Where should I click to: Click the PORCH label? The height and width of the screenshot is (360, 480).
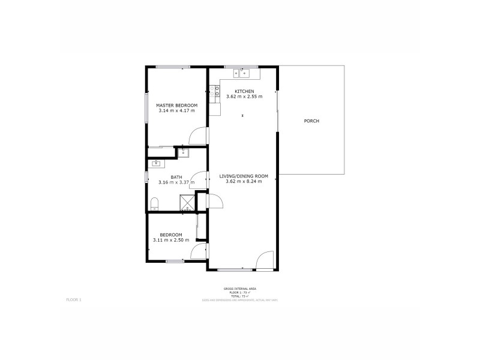[311, 121]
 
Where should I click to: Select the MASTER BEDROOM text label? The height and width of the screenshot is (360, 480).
[177, 105]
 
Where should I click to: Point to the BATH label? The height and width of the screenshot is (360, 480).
[176, 177]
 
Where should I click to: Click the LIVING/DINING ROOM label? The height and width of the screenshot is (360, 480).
[244, 176]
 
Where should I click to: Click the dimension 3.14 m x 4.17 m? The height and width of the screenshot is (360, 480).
[177, 110]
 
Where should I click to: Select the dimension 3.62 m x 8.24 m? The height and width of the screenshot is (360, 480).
[244, 181]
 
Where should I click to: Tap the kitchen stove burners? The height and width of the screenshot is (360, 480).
[214, 92]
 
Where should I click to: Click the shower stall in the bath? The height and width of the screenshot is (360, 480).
[188, 203]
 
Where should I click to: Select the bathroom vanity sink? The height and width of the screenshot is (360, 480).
[157, 163]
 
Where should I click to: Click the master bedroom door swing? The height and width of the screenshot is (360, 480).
[197, 137]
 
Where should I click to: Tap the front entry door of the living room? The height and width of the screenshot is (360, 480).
[264, 260]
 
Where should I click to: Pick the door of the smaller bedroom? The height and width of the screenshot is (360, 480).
[199, 252]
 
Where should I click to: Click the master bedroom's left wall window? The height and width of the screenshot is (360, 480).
[147, 107]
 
